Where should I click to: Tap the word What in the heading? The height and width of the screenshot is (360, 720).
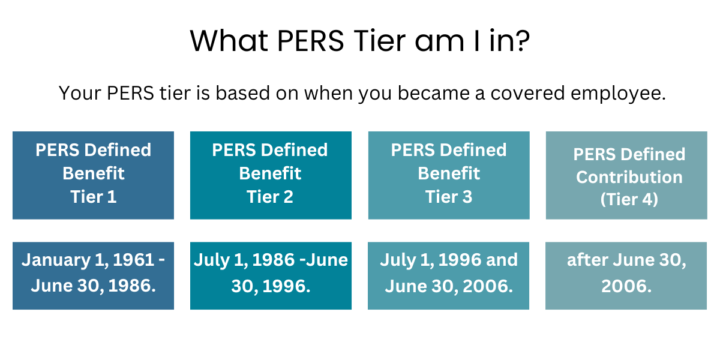(229, 41)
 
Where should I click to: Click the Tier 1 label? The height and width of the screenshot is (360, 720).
(94, 197)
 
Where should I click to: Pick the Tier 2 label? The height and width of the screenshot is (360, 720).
(270, 197)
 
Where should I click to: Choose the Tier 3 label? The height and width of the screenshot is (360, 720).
(449, 197)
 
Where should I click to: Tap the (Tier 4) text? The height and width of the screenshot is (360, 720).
(629, 199)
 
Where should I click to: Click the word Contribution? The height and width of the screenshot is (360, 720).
(629, 177)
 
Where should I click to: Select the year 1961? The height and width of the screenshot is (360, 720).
(134, 260)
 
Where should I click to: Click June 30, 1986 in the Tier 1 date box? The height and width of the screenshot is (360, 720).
(94, 286)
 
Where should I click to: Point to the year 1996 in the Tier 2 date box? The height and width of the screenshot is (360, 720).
(286, 286)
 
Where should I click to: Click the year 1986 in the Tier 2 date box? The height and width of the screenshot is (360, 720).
(273, 260)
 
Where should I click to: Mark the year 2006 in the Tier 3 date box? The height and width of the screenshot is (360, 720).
(488, 286)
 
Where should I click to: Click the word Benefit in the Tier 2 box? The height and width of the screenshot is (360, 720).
(270, 173)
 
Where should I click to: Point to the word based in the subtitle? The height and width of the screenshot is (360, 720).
(242, 93)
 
